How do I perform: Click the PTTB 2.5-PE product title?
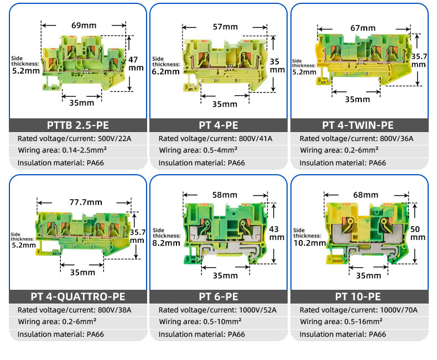tap(77, 125)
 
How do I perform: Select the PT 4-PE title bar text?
tap(218, 125)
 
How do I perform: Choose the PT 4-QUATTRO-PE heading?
tap(77, 297)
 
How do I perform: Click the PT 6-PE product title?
tap(218, 297)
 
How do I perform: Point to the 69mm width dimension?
tap(85, 25)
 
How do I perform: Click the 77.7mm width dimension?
tap(85, 203)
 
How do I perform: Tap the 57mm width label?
tap(225, 27)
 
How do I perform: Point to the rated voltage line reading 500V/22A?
tap(75, 139)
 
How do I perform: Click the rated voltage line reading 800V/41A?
tap(215, 139)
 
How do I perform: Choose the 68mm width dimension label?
tap(366, 195)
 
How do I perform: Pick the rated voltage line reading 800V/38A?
tap(75, 310)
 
